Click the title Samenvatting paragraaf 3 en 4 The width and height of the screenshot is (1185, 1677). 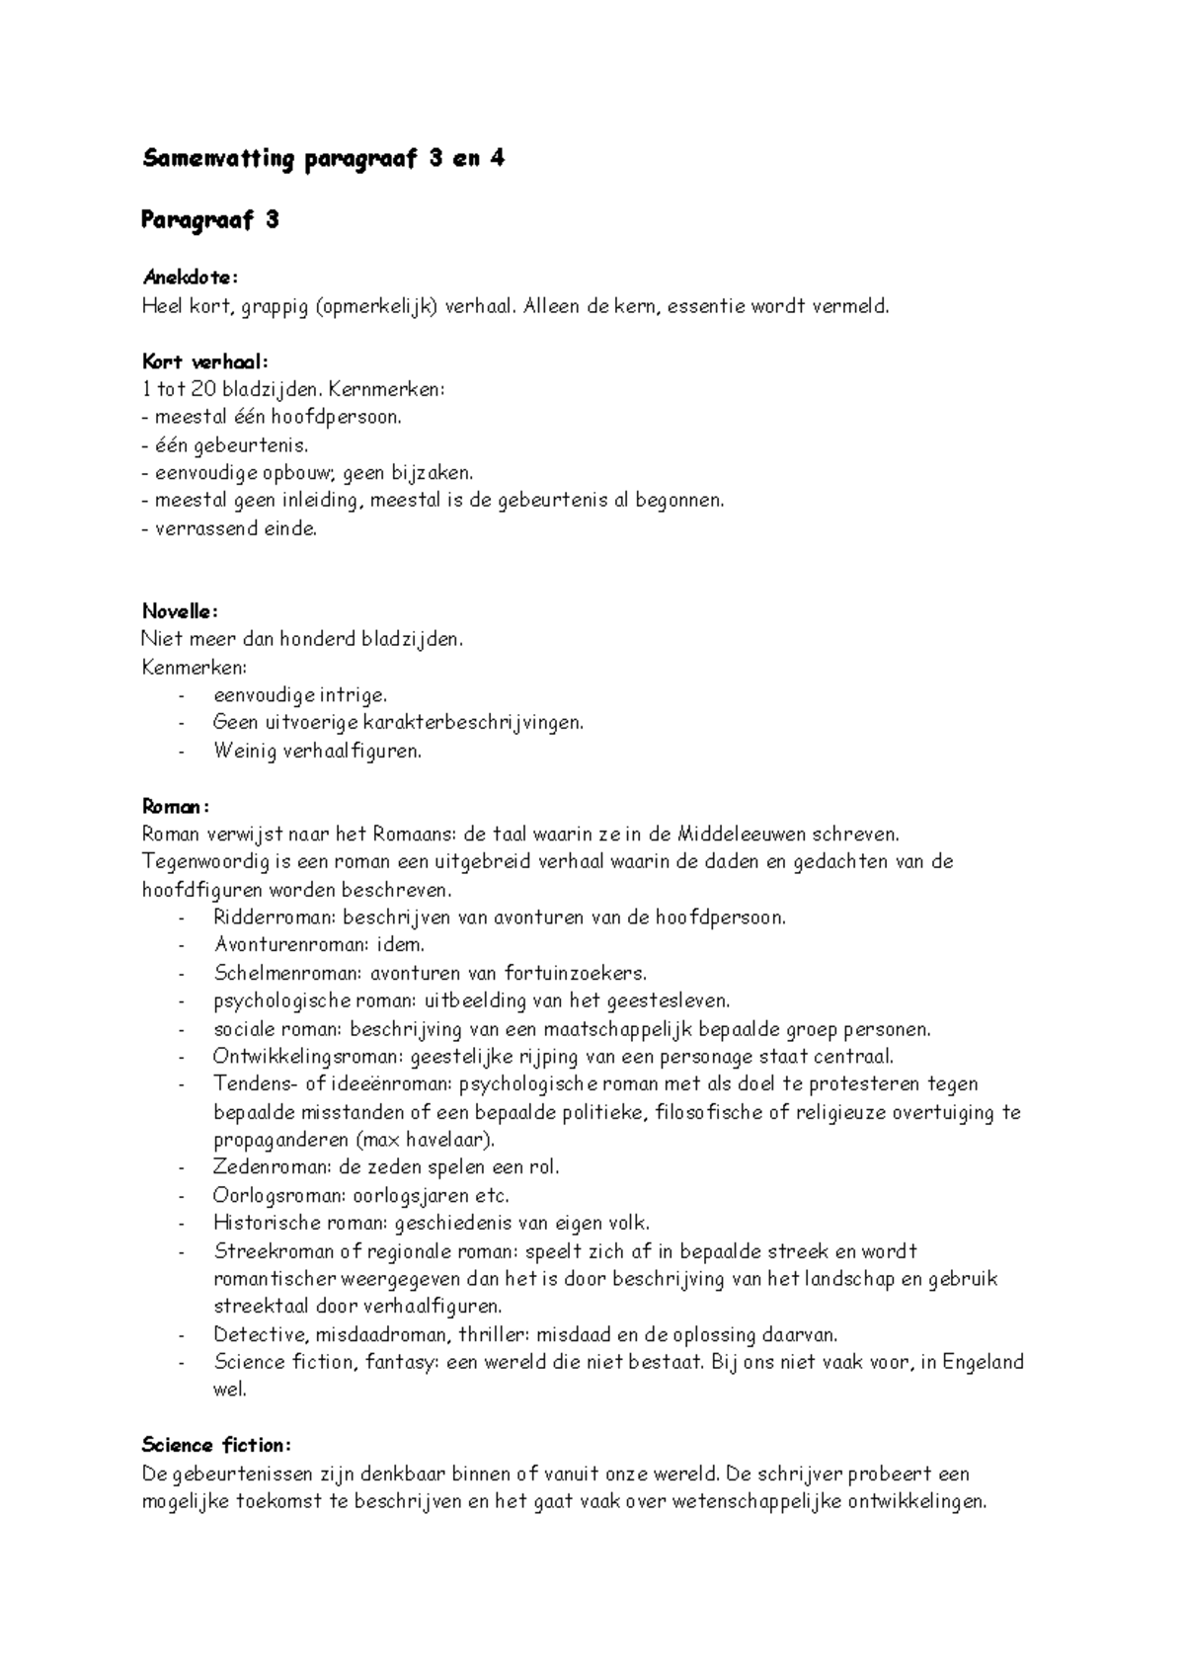click(x=324, y=159)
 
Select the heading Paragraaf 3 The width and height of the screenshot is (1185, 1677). click(x=210, y=220)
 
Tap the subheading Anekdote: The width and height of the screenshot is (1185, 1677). click(x=191, y=278)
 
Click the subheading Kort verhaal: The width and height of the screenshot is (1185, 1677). click(x=204, y=361)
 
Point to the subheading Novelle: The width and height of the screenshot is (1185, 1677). click(x=180, y=611)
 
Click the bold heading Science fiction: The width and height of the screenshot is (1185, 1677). click(x=216, y=1445)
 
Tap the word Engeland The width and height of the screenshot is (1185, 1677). click(x=983, y=1362)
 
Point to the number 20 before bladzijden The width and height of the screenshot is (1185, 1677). click(x=204, y=389)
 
